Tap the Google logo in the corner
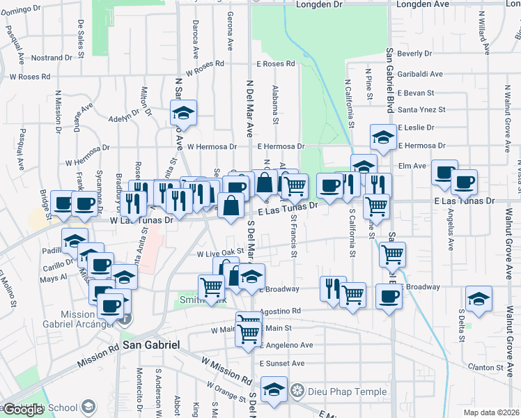(23, 410)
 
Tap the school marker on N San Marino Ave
(183, 112)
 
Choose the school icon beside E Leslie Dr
(382, 137)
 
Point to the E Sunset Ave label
(281, 363)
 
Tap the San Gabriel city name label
(151, 345)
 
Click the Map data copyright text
(491, 412)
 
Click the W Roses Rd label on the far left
(29, 77)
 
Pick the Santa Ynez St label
(421, 109)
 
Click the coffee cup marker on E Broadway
(388, 295)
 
